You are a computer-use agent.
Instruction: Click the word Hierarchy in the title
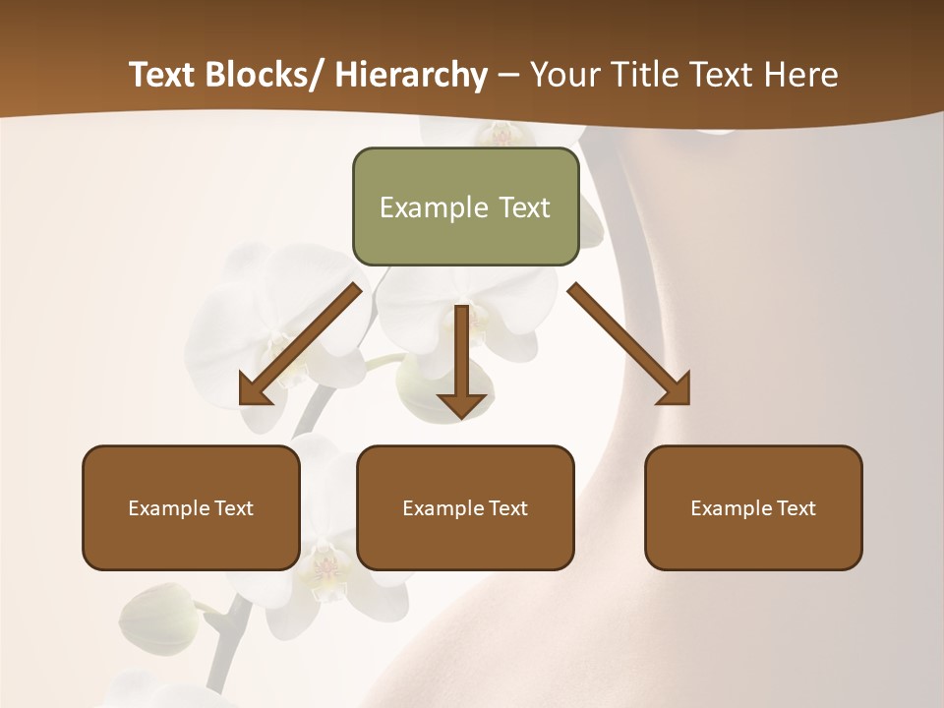tap(411, 75)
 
